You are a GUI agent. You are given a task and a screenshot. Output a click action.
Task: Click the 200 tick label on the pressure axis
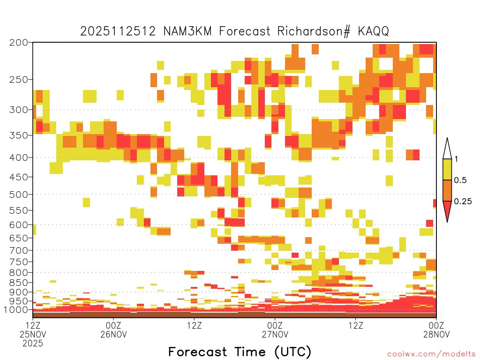[18, 43]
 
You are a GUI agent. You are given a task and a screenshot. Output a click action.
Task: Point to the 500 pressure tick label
[18, 195]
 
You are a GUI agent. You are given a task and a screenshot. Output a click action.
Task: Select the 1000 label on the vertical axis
[15, 309]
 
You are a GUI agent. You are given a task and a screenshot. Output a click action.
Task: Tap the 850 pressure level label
[18, 283]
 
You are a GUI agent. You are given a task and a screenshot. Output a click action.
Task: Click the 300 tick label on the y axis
[18, 110]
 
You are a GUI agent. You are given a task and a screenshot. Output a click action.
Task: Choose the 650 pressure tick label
[18, 238]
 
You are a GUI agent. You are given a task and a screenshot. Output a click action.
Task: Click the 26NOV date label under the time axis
[113, 334]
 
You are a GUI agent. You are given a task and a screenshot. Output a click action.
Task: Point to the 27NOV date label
[275, 334]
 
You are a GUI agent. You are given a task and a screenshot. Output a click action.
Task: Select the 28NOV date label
[436, 334]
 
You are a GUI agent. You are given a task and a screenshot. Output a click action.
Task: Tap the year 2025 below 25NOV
[33, 344]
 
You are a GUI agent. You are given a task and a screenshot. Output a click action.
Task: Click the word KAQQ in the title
[374, 31]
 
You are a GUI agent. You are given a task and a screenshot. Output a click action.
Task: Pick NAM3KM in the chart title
[187, 31]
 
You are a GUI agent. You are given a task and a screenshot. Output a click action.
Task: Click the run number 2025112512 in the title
[118, 31]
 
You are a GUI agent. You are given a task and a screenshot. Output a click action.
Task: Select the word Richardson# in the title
[314, 31]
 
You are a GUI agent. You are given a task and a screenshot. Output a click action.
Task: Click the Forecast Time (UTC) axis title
[240, 352]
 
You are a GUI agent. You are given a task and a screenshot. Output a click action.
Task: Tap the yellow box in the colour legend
[447, 169]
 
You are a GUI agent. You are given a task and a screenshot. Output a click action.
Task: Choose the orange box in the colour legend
[447, 190]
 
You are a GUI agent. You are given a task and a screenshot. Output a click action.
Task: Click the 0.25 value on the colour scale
[463, 202]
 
